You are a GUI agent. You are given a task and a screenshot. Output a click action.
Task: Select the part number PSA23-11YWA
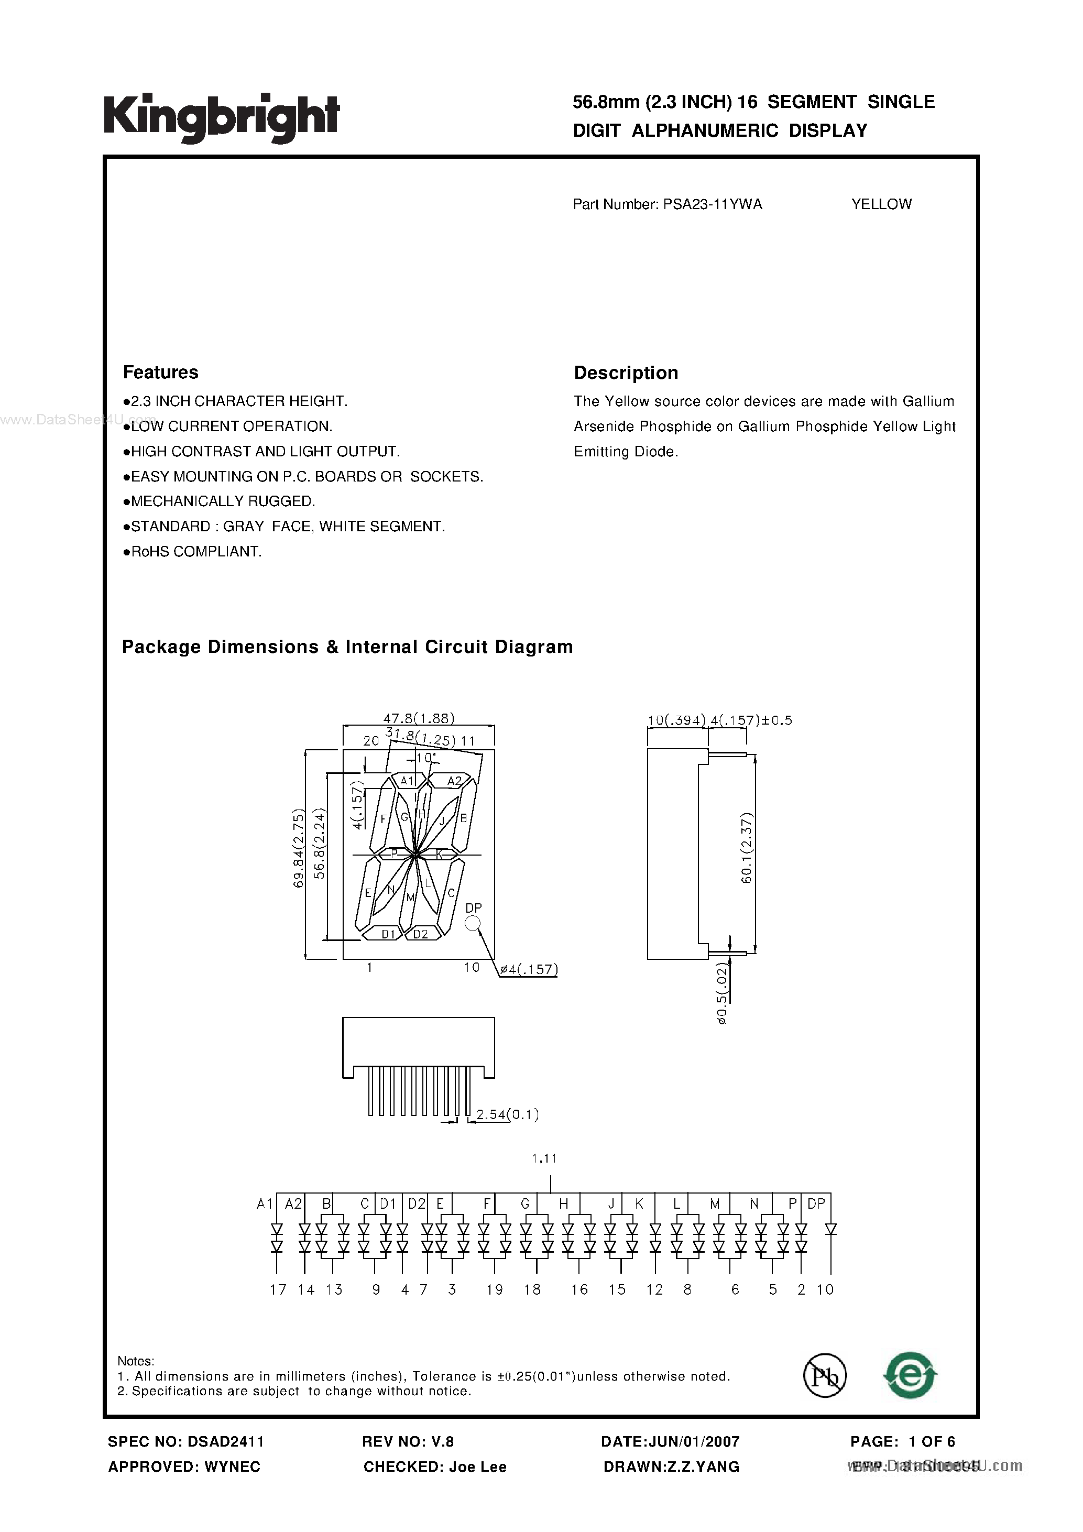pyautogui.click(x=712, y=205)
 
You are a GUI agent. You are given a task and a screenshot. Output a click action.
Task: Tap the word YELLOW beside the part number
pyautogui.click(x=881, y=205)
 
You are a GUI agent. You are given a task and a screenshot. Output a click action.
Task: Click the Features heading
pyautogui.click(x=160, y=373)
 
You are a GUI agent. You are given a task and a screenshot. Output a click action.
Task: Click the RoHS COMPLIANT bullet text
pyautogui.click(x=195, y=552)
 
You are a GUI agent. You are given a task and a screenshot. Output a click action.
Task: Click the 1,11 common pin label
pyautogui.click(x=544, y=1158)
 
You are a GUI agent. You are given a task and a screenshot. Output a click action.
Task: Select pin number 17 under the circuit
pyautogui.click(x=278, y=1290)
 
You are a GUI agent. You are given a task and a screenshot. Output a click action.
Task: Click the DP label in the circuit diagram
pyautogui.click(x=816, y=1203)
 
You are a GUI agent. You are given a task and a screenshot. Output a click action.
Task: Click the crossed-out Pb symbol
pyautogui.click(x=825, y=1376)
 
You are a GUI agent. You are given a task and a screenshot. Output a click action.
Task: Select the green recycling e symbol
pyautogui.click(x=910, y=1375)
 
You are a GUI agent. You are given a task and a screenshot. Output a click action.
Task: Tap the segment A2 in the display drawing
pyautogui.click(x=454, y=781)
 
